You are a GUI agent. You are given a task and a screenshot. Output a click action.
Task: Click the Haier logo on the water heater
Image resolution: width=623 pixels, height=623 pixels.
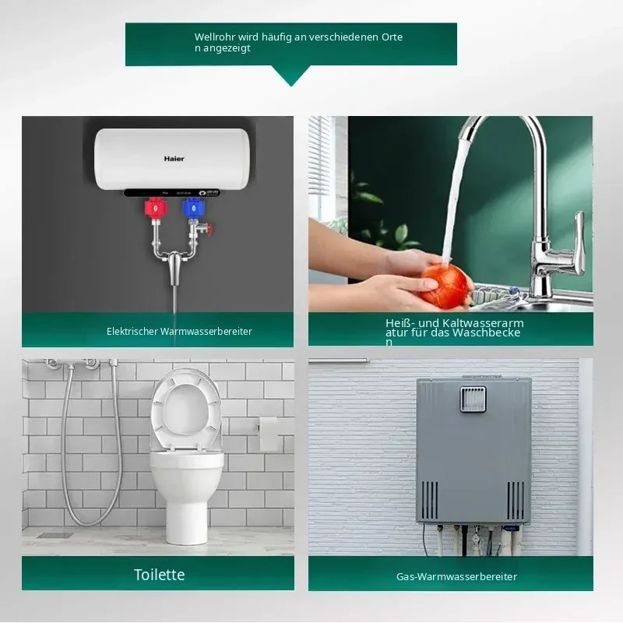[x=174, y=159]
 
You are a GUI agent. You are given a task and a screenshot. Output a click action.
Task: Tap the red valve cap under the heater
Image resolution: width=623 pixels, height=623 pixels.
[x=155, y=208]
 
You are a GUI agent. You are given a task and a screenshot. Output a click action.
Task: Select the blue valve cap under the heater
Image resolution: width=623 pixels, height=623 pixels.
[x=193, y=208]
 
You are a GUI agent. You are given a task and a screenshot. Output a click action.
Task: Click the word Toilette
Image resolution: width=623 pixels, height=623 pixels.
[x=160, y=575]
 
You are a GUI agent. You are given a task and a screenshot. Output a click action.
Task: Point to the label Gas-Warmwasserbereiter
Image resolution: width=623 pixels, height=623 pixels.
[x=456, y=576]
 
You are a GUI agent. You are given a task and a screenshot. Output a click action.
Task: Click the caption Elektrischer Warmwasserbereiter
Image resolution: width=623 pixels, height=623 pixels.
[x=179, y=332]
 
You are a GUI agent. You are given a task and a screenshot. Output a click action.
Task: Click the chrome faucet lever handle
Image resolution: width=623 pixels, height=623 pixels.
[x=579, y=238]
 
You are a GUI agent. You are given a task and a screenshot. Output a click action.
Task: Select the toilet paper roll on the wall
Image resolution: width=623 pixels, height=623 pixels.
[x=268, y=433]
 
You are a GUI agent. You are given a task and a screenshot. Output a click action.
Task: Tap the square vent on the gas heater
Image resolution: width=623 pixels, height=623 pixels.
[x=473, y=399]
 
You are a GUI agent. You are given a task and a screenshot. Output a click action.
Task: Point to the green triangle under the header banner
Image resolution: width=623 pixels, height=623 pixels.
[x=290, y=76]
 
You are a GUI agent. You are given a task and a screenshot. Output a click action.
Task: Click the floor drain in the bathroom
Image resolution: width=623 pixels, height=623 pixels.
[x=55, y=535]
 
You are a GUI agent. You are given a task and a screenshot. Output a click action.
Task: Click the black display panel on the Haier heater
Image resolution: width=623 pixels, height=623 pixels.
[x=172, y=192]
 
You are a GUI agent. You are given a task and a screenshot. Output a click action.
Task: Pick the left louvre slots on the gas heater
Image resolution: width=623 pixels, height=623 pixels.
[x=430, y=500]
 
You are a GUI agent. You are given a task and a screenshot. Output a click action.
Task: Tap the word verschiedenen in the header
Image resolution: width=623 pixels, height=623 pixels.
[x=344, y=37]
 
